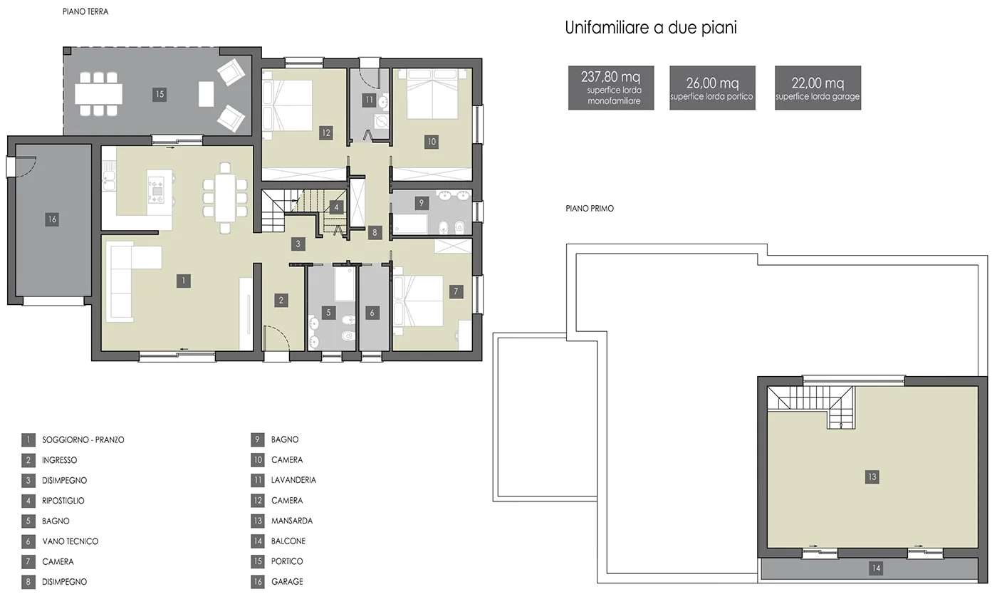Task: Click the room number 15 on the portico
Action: (x=160, y=94)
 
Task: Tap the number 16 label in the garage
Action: (x=52, y=219)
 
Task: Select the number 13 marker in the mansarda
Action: (x=872, y=477)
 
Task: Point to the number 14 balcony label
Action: (x=876, y=568)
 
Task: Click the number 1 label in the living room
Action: (x=184, y=281)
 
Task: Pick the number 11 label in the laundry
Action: (x=369, y=100)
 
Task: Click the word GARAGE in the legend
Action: (x=287, y=582)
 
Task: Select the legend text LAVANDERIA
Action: (x=293, y=480)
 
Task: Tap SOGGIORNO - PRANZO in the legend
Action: (x=83, y=440)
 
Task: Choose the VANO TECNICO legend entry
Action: (x=71, y=541)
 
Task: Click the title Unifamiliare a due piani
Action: (x=651, y=28)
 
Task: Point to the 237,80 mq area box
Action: (x=611, y=88)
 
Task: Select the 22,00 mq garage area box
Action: (x=818, y=88)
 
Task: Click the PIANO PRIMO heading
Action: (x=590, y=208)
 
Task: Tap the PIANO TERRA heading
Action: (x=85, y=11)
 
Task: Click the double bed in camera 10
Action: (x=432, y=93)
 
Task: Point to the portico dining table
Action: (x=98, y=94)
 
